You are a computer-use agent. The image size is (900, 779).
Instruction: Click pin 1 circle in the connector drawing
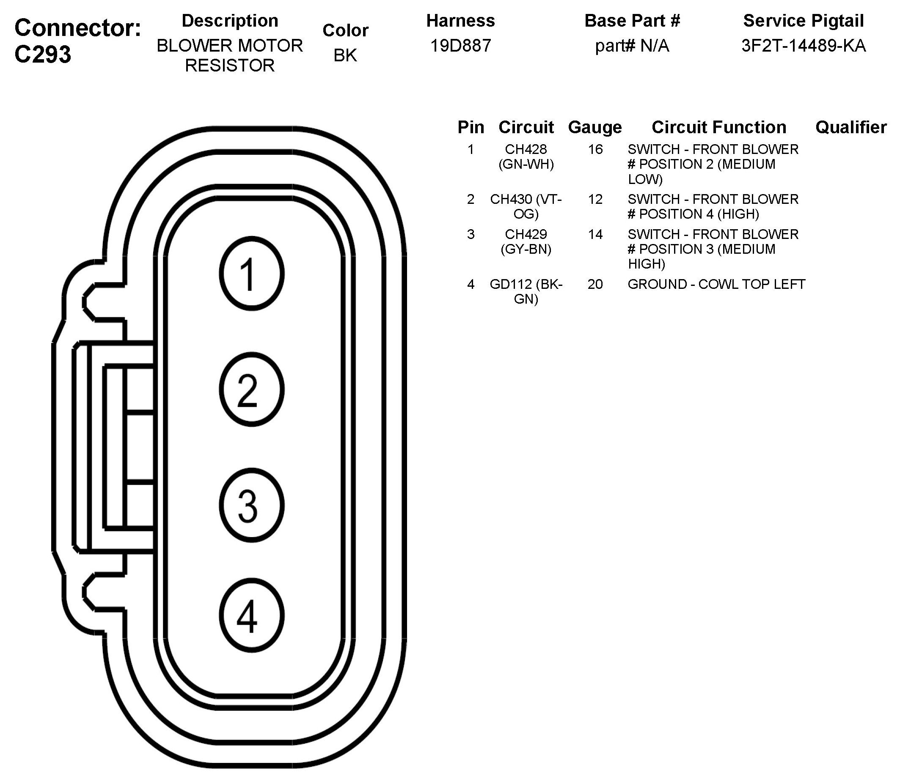click(x=251, y=274)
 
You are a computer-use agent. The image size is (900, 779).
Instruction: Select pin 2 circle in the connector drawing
click(x=251, y=389)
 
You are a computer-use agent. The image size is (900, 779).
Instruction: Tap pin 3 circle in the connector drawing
click(x=251, y=505)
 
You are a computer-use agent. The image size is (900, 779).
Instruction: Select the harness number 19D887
click(x=461, y=46)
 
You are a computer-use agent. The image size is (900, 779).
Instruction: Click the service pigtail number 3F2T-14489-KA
click(x=804, y=46)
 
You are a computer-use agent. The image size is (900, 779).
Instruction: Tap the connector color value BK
click(x=345, y=55)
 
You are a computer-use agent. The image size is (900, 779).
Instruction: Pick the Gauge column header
click(x=594, y=127)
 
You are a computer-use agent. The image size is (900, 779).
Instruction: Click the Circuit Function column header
click(x=718, y=127)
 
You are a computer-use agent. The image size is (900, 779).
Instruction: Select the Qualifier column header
click(x=851, y=127)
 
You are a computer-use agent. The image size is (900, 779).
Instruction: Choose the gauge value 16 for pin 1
click(x=595, y=150)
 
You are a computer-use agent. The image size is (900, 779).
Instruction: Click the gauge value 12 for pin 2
click(x=595, y=200)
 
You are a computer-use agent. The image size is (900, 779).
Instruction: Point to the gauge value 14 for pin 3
click(x=595, y=235)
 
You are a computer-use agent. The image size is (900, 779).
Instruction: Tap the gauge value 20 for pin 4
click(x=595, y=284)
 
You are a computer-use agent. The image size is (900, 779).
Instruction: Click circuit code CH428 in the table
click(x=526, y=150)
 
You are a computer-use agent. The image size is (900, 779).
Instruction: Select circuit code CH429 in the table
click(x=526, y=235)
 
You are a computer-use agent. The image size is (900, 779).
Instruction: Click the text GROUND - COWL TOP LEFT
click(x=716, y=284)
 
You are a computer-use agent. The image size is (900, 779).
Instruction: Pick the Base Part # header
click(x=632, y=21)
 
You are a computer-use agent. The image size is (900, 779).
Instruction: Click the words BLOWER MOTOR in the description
click(x=230, y=46)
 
